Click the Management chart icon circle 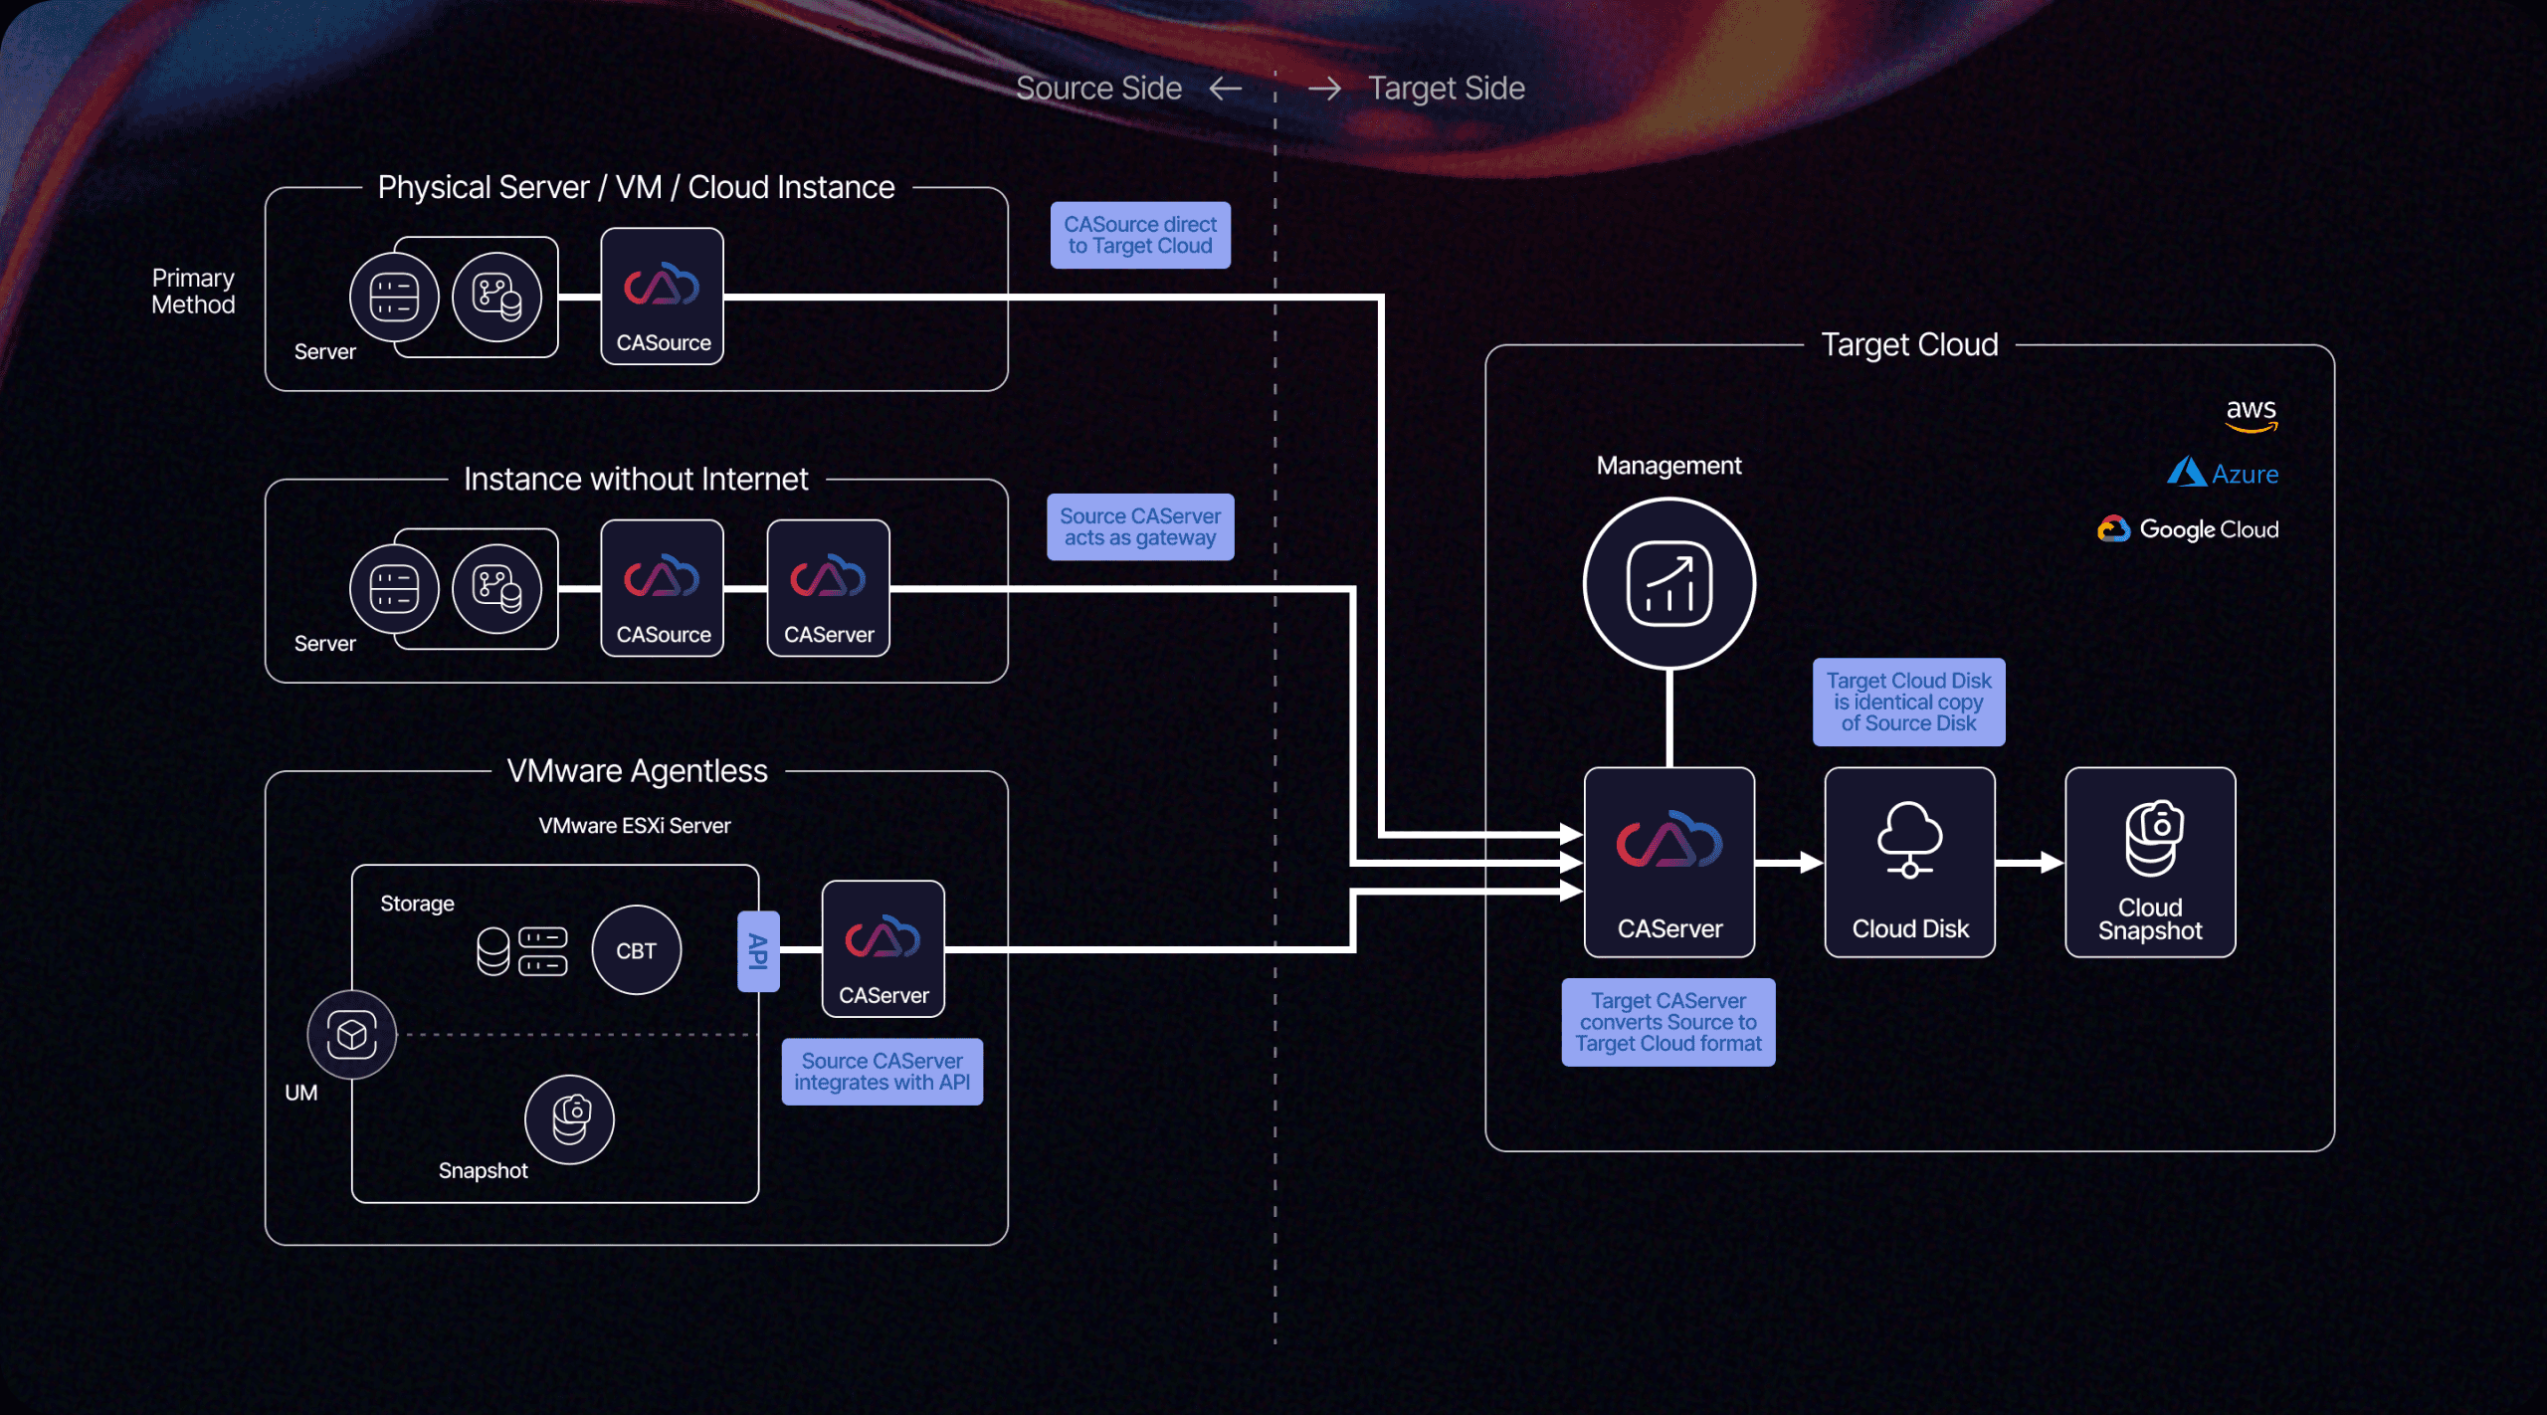click(1668, 584)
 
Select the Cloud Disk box click(1909, 862)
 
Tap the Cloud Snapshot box click(2150, 862)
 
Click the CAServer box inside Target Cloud click(1668, 862)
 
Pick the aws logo click(2251, 414)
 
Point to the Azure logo click(2223, 474)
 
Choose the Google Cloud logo click(2188, 529)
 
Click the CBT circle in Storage click(636, 950)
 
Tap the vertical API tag click(758, 951)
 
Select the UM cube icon click(352, 1035)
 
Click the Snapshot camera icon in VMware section click(570, 1119)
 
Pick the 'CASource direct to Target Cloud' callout click(1140, 236)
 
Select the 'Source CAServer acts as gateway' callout click(1140, 527)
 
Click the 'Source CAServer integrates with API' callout click(882, 1072)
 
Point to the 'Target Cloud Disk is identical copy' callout click(1908, 703)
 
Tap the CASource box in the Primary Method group click(663, 297)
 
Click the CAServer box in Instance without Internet click(829, 588)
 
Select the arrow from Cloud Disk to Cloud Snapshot click(2030, 863)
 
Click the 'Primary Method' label click(193, 292)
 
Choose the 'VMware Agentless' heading click(637, 771)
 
